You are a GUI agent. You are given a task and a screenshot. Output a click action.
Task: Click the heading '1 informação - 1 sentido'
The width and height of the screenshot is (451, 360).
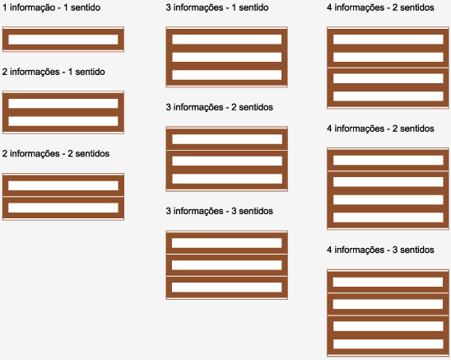[x=52, y=7]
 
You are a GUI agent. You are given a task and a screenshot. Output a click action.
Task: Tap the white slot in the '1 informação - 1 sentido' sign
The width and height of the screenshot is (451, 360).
[x=63, y=40]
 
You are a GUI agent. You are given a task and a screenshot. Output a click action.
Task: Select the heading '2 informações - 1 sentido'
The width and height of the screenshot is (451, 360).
[x=53, y=72]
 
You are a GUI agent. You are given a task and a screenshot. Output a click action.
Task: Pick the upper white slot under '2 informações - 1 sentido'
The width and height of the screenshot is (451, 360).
[x=63, y=104]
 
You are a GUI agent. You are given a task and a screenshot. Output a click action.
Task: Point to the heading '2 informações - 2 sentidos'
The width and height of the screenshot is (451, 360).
[x=56, y=153]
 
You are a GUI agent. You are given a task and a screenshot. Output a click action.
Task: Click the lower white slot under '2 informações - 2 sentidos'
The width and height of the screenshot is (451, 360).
[x=63, y=208]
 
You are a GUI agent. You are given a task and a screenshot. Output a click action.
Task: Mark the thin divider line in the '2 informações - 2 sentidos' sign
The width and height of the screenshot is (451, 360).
[x=63, y=196]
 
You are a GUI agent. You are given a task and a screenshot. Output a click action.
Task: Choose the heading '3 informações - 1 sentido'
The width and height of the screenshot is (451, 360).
[x=217, y=7]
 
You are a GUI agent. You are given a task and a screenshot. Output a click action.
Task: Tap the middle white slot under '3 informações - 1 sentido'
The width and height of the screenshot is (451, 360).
[x=227, y=57]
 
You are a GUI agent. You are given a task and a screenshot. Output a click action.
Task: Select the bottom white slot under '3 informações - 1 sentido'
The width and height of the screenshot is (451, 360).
[x=227, y=75]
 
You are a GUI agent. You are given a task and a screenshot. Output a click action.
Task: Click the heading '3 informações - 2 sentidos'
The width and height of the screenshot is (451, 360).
[x=220, y=107]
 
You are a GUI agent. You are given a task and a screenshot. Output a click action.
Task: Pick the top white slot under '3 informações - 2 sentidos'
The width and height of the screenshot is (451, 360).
[x=227, y=139]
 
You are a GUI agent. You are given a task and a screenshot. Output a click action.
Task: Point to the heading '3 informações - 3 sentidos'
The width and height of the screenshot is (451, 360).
[x=220, y=211]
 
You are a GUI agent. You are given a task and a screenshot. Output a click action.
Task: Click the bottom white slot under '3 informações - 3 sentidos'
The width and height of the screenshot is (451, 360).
[x=227, y=288]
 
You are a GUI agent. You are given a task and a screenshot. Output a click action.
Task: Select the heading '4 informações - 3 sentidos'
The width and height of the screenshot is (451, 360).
[x=380, y=250]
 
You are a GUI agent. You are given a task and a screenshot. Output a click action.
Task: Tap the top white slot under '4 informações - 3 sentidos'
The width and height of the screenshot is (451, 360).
[x=388, y=282]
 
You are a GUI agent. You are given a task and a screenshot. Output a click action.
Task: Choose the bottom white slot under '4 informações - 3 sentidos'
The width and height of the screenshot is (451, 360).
[x=388, y=344]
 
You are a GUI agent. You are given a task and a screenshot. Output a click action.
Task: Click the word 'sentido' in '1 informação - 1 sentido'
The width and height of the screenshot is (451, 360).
[x=86, y=7]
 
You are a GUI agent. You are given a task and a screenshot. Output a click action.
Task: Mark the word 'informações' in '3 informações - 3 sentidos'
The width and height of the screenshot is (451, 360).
[x=198, y=211]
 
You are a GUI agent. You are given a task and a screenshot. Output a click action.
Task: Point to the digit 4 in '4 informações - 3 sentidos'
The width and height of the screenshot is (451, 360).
[x=330, y=250]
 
